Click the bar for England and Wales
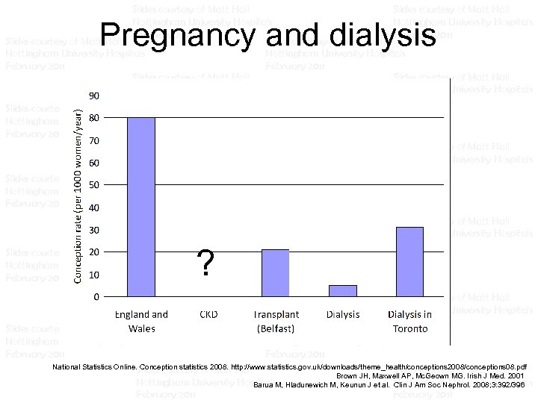[141, 207]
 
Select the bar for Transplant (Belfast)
[275, 273]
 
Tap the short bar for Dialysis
[342, 291]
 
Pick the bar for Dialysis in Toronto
[409, 262]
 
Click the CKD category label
[208, 315]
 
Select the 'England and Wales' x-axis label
[141, 321]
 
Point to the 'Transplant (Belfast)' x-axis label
[276, 321]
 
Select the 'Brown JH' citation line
[430, 375]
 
